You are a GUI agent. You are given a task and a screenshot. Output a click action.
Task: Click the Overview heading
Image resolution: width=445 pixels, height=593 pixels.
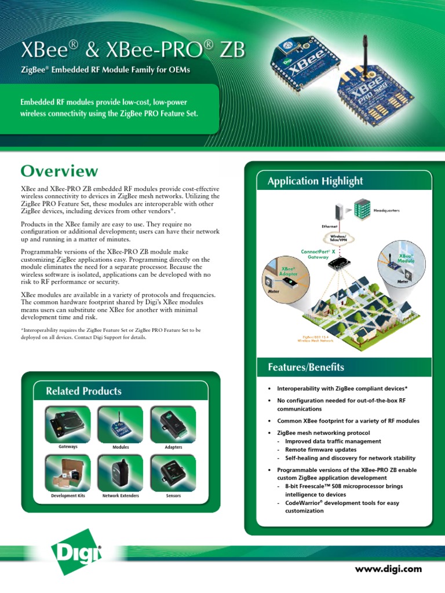click(59, 171)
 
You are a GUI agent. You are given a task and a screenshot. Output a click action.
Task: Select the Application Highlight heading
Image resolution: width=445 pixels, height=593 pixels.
click(315, 181)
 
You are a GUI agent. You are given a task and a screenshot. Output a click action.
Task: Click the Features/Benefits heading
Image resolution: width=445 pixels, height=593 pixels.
click(305, 367)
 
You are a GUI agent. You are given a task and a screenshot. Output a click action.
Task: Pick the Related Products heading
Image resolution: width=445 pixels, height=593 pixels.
click(83, 391)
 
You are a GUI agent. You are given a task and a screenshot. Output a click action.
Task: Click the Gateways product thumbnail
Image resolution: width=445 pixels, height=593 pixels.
click(68, 423)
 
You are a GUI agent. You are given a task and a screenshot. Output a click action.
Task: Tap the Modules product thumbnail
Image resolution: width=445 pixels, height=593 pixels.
click(121, 423)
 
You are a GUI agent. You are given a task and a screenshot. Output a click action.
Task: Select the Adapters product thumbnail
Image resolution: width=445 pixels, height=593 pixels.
click(173, 423)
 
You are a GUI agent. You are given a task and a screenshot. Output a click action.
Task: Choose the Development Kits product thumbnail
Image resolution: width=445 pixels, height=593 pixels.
click(68, 473)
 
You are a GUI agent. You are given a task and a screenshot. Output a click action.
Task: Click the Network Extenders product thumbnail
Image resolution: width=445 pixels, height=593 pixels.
click(121, 473)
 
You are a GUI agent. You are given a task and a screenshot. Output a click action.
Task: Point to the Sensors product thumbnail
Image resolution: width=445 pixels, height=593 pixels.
click(173, 473)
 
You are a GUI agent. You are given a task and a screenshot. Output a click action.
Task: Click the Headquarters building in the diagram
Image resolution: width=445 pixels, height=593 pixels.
click(363, 209)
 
